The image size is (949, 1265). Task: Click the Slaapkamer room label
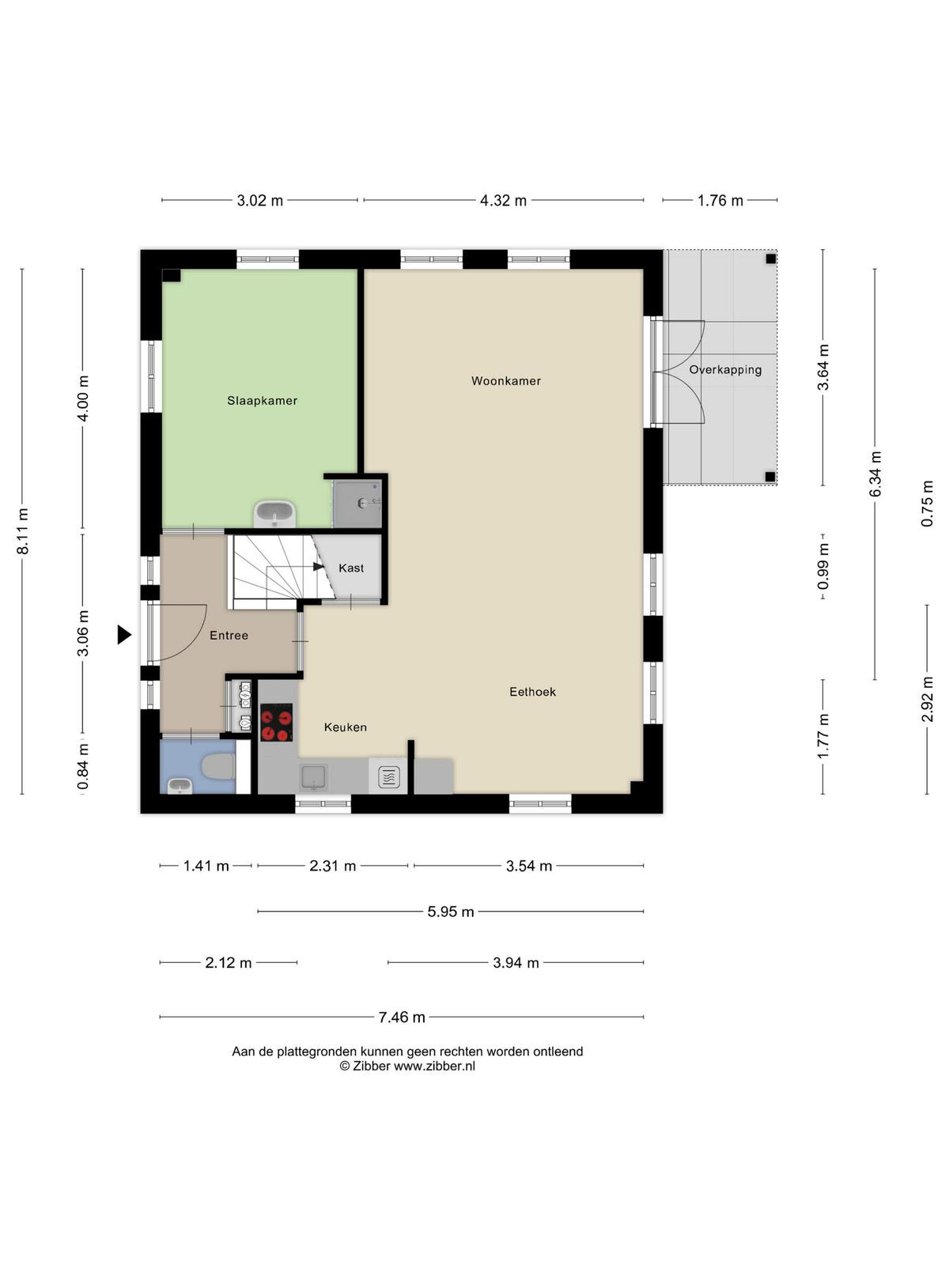(x=263, y=401)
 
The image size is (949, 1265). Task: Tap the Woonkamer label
(x=506, y=381)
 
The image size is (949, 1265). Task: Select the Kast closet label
(x=351, y=568)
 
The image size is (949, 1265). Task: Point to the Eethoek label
(x=532, y=692)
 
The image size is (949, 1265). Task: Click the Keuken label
(x=345, y=727)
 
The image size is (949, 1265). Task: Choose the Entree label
(x=229, y=635)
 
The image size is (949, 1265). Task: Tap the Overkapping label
(x=725, y=370)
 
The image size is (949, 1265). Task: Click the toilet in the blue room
(x=217, y=766)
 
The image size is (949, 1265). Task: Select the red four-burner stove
(x=277, y=722)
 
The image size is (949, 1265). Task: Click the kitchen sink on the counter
(x=313, y=777)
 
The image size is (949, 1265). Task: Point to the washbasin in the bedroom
(x=275, y=513)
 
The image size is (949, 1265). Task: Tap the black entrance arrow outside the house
(x=124, y=635)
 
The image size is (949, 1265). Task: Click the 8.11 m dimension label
(x=23, y=531)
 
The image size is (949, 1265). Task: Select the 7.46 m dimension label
(x=402, y=1018)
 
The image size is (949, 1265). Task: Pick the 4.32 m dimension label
(x=503, y=201)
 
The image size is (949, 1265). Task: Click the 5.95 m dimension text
(x=451, y=911)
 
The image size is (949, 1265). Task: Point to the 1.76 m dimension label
(x=720, y=201)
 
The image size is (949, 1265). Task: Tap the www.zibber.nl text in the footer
(x=434, y=1066)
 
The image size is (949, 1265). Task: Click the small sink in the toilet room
(x=180, y=786)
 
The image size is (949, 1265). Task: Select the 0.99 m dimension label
(x=823, y=566)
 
